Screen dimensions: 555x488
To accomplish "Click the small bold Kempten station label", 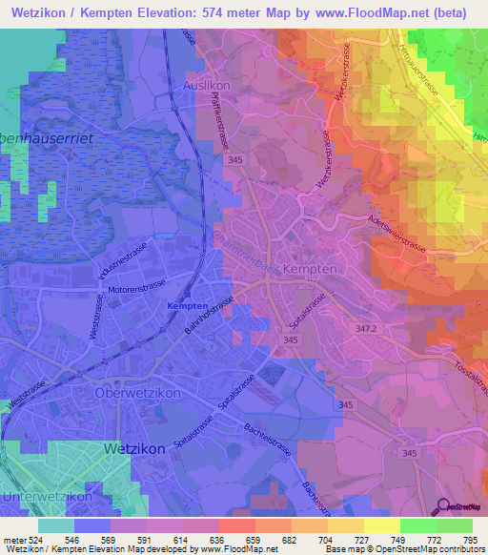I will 188,305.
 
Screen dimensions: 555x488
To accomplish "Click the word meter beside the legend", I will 14,537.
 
